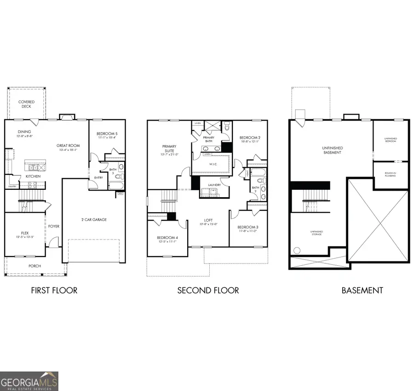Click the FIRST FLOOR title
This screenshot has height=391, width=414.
point(54,290)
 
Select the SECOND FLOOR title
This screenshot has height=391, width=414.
point(208,290)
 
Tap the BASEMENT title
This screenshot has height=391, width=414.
point(362,290)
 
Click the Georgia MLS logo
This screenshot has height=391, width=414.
point(29,381)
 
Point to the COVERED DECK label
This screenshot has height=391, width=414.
point(26,104)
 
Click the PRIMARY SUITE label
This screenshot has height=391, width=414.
point(169,148)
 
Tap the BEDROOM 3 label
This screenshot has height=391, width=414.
point(247,227)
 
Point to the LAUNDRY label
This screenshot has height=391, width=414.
point(214,185)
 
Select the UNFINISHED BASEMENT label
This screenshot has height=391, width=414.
point(332,150)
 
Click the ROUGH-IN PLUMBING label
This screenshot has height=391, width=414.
point(391,175)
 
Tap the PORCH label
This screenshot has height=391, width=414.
point(35,266)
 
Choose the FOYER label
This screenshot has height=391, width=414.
point(54,227)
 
